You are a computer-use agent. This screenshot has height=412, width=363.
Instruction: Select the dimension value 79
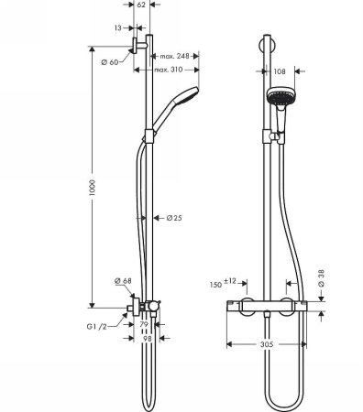point(145,326)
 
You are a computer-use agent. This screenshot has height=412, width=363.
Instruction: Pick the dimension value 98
point(146,339)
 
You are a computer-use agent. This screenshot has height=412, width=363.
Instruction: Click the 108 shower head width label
point(282,70)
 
